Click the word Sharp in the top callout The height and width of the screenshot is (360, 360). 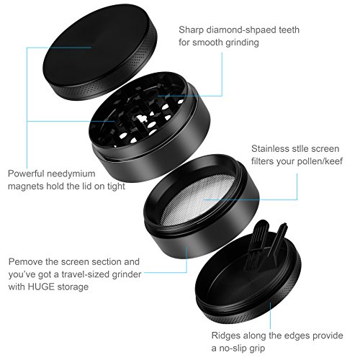(x=191, y=30)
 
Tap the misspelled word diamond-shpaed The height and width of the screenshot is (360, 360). (x=240, y=30)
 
